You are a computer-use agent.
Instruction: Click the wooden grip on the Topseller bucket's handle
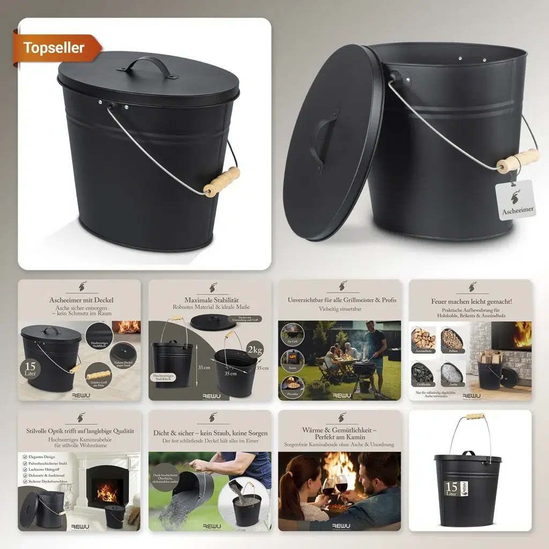(x=221, y=181)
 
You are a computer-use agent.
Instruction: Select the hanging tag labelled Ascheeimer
(x=516, y=200)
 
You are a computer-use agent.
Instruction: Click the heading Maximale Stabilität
(x=211, y=300)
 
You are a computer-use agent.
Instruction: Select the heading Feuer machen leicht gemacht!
(x=471, y=301)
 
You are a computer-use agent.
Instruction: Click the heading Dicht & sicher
(x=211, y=433)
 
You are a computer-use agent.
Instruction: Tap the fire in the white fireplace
(x=107, y=492)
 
